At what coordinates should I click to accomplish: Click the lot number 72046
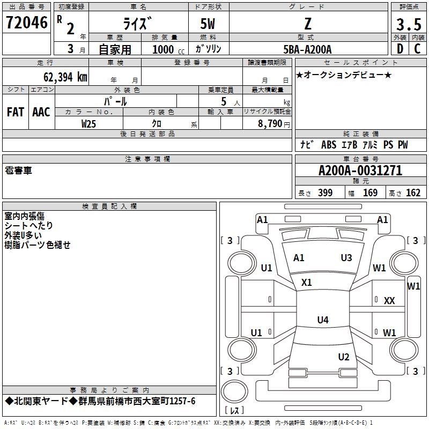click(26, 23)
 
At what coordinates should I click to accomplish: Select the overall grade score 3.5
click(409, 24)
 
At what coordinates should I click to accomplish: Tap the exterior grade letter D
click(400, 49)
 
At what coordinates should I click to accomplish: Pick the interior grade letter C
click(417, 49)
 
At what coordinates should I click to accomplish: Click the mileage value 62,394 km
click(65, 77)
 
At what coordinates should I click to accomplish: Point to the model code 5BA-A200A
click(307, 49)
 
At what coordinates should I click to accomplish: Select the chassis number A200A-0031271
click(360, 171)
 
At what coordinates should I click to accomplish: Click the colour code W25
click(88, 124)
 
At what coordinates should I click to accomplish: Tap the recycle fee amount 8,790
click(270, 124)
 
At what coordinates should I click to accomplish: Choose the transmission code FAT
click(16, 112)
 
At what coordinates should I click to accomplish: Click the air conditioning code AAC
click(41, 112)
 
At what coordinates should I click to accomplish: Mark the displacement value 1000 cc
click(168, 49)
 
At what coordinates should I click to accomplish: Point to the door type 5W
click(208, 24)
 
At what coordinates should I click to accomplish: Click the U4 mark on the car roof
click(323, 320)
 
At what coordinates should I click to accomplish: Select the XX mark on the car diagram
click(389, 301)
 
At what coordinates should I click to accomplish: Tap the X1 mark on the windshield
click(306, 283)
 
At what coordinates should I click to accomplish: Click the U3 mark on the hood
click(346, 258)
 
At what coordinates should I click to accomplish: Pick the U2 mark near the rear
click(344, 357)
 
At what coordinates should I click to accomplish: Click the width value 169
click(370, 193)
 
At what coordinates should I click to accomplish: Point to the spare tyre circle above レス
click(234, 391)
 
